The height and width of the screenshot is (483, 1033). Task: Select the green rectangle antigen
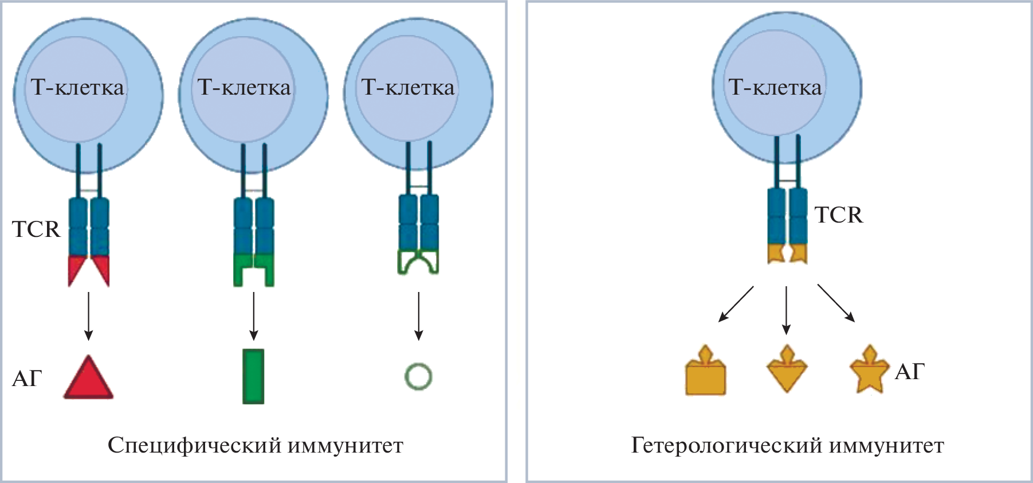[x=253, y=376]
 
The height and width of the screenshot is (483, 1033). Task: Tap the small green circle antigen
[x=418, y=377]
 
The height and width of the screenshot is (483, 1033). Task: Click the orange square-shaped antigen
[x=705, y=376]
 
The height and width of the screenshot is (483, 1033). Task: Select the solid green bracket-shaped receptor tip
[x=253, y=268]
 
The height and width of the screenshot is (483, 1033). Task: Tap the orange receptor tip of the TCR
[x=787, y=253]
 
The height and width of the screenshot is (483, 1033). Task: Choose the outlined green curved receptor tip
[x=418, y=262]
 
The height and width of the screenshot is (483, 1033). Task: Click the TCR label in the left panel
[x=36, y=229]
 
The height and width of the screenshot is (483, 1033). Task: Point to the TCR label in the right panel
[x=838, y=215]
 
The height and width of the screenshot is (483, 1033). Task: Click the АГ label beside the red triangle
[x=27, y=379]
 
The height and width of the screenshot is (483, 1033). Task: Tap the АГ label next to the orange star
[x=910, y=372]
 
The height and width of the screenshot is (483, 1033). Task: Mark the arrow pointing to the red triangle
[x=88, y=315]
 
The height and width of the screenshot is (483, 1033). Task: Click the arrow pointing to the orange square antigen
[x=736, y=303]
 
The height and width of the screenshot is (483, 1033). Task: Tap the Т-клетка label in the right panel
[x=775, y=87]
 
